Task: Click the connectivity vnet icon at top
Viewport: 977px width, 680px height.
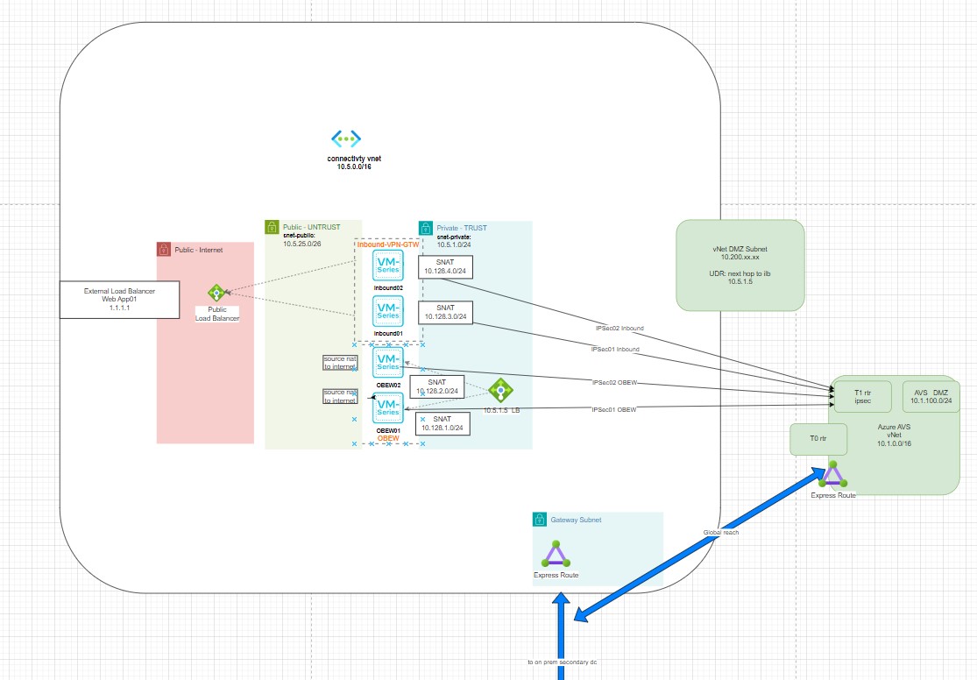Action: coord(346,138)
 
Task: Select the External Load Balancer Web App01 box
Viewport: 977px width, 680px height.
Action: coord(119,299)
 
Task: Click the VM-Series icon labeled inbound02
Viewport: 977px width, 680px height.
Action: coord(387,266)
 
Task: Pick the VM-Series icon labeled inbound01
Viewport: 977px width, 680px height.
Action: coord(387,310)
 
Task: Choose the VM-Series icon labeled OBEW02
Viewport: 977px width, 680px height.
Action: coord(387,364)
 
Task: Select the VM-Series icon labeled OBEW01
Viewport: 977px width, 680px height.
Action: coord(387,408)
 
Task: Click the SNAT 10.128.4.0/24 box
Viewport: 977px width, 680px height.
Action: coord(446,266)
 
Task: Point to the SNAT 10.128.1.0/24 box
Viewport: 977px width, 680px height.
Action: coord(444,423)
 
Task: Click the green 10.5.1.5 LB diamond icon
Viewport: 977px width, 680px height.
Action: coord(499,389)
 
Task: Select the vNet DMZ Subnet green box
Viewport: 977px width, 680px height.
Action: coord(740,265)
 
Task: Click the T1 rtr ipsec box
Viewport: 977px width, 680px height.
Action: coord(861,395)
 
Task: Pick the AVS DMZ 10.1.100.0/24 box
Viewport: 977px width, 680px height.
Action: coord(931,395)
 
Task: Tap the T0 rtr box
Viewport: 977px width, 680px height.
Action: coord(818,439)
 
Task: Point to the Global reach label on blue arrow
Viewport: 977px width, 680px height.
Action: coord(719,532)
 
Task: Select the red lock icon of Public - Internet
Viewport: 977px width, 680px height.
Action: coord(164,250)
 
